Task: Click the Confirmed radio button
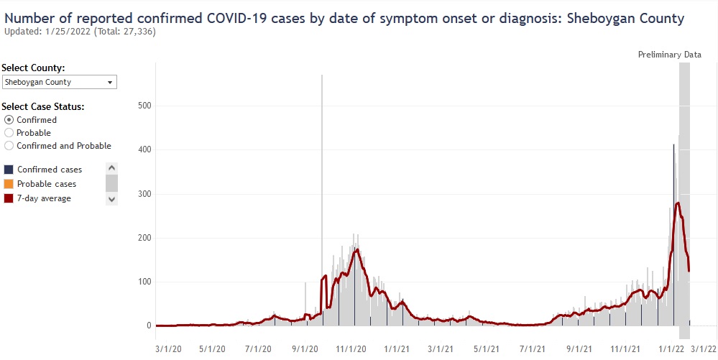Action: tap(9, 120)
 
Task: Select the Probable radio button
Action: tap(9, 133)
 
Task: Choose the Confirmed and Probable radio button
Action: tap(9, 146)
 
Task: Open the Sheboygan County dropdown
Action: tap(60, 82)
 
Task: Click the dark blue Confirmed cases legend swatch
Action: tap(9, 170)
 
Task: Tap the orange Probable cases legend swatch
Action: tap(9, 184)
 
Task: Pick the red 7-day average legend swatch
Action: tap(9, 198)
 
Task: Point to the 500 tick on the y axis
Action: tap(144, 106)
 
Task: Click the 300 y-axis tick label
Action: tap(144, 194)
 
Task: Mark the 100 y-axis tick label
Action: tap(144, 282)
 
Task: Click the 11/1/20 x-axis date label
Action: tap(353, 349)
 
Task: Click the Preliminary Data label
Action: tap(669, 55)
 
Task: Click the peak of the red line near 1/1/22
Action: tap(678, 203)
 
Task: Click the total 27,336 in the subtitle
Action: tap(139, 32)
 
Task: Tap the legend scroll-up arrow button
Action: tap(111, 169)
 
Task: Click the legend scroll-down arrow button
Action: tap(111, 199)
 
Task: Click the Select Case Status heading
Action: tap(43, 107)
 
